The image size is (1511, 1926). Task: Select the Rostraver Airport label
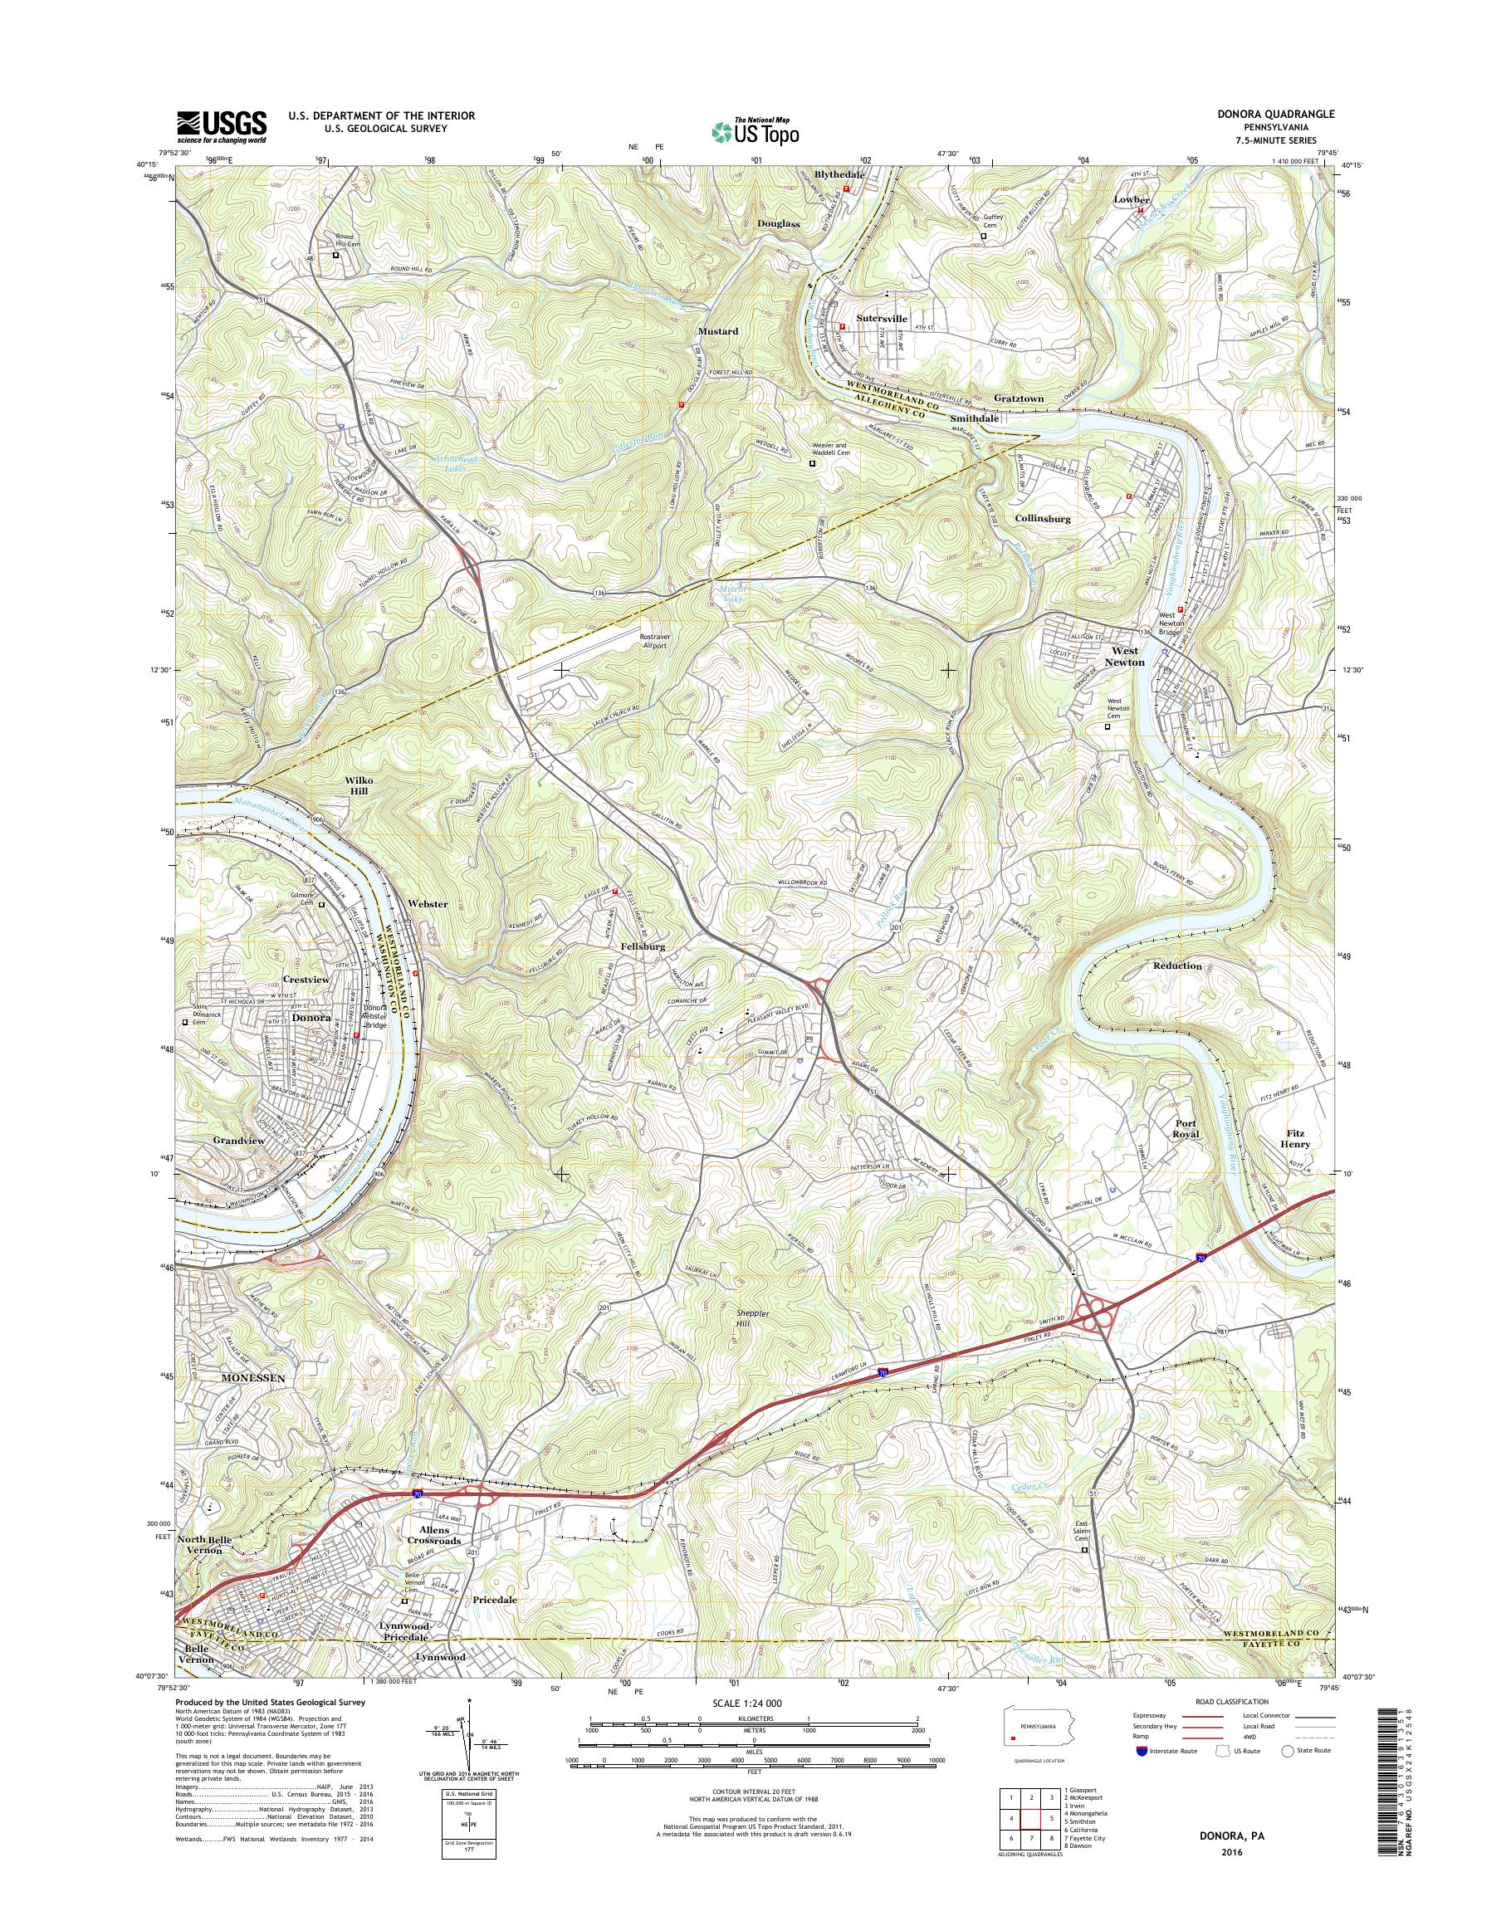tap(653, 641)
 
